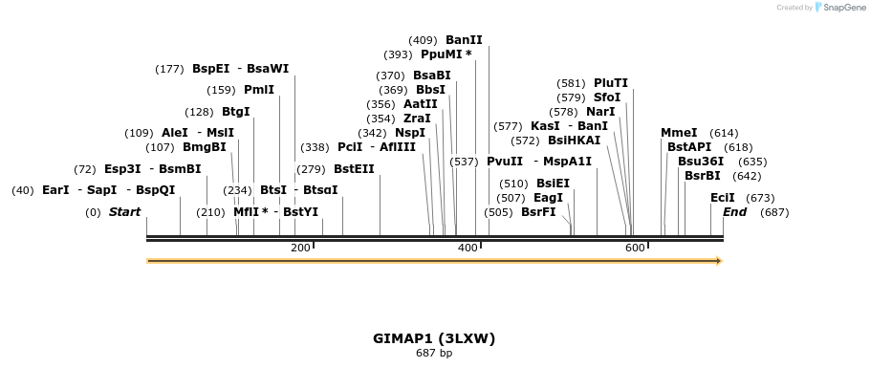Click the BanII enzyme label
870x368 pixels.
point(464,40)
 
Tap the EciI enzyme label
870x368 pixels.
point(723,198)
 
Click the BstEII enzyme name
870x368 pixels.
point(354,169)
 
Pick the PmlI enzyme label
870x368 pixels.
point(259,90)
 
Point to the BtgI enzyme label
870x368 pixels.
point(235,112)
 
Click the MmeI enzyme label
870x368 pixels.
point(679,133)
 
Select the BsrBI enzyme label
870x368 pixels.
point(702,176)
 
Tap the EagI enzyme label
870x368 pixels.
point(548,198)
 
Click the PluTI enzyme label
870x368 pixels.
point(611,83)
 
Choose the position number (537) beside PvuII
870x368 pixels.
point(464,162)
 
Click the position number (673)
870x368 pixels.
point(760,198)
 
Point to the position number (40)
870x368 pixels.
point(23,190)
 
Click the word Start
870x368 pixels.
point(124,212)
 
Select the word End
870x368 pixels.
point(734,212)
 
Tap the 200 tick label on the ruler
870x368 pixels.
point(299,248)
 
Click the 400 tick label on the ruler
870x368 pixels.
point(468,248)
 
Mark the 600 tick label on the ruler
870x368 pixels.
point(635,248)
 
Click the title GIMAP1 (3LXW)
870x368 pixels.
point(434,338)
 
